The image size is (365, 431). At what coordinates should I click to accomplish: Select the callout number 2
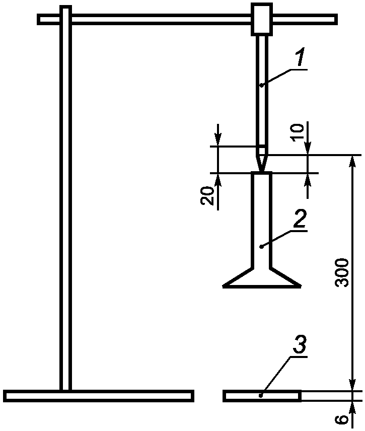coord(300,220)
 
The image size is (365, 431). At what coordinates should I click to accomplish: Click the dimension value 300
coord(342,272)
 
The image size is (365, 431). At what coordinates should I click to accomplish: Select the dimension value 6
coord(342,419)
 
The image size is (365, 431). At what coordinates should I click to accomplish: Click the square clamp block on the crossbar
coord(261,19)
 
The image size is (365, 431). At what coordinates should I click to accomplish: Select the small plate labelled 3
coord(262,396)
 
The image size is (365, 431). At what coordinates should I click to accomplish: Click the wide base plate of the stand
coord(98,396)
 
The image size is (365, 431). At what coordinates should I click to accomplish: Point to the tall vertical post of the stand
coord(65,201)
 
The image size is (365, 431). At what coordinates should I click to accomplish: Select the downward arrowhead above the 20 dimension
coord(218,141)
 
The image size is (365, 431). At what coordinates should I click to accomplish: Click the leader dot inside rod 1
coord(261,86)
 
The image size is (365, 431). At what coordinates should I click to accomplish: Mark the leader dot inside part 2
coord(261,246)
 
